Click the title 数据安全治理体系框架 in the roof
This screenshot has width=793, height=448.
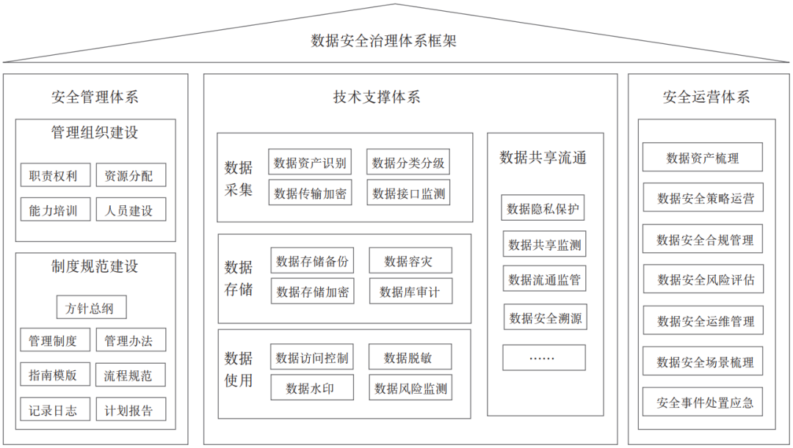(383, 40)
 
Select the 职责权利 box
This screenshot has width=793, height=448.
(56, 175)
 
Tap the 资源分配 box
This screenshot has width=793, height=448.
(131, 175)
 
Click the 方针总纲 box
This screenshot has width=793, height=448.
(92, 307)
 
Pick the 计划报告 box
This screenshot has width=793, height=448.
(131, 410)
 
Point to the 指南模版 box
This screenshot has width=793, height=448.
(56, 374)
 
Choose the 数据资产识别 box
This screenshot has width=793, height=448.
(310, 161)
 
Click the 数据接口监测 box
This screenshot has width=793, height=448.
(408, 192)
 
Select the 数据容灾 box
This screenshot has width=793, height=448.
(410, 260)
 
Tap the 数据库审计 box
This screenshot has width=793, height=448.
(410, 291)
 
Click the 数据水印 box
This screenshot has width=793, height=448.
(312, 387)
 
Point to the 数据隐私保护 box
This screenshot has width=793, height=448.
(543, 208)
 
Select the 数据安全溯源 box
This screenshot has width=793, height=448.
(545, 317)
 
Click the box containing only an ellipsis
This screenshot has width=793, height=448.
(544, 358)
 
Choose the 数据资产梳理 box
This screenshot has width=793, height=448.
(703, 157)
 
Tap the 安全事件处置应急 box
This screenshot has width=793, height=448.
(703, 402)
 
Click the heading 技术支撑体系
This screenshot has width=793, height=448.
(377, 97)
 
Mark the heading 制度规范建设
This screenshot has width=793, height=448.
(95, 266)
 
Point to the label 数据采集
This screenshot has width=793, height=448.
(238, 178)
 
